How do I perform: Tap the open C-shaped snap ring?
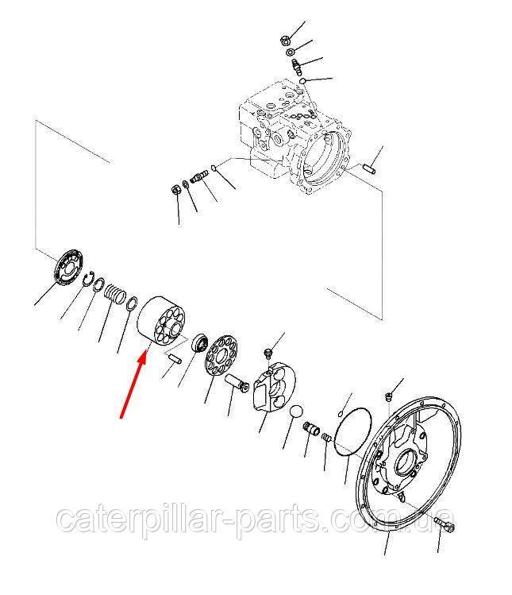[88, 280]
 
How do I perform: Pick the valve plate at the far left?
[68, 266]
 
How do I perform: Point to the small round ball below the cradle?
[296, 412]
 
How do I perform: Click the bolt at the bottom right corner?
[445, 523]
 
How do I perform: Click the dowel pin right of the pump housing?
[370, 168]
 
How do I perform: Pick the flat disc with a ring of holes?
[221, 355]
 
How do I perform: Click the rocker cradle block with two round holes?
[275, 387]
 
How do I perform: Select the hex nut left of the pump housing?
[175, 187]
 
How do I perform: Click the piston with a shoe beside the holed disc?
[237, 383]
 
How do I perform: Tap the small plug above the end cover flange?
[388, 397]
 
